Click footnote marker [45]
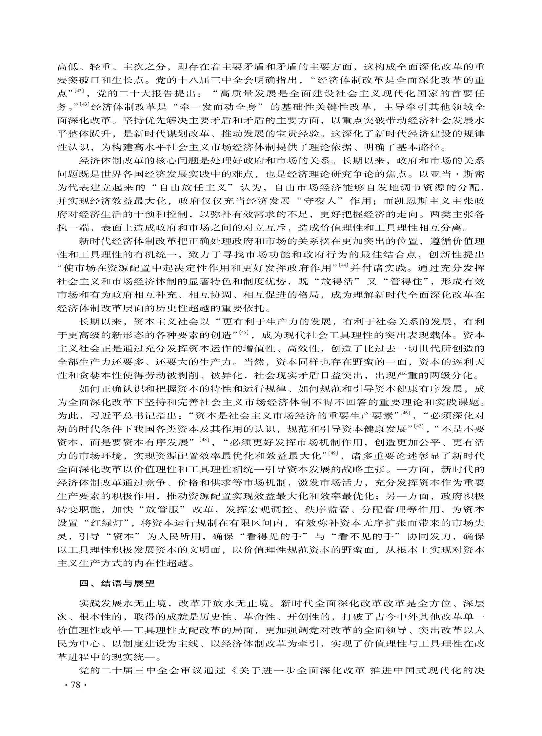click(x=244, y=332)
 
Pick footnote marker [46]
click(x=405, y=413)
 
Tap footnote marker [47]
click(x=419, y=426)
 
